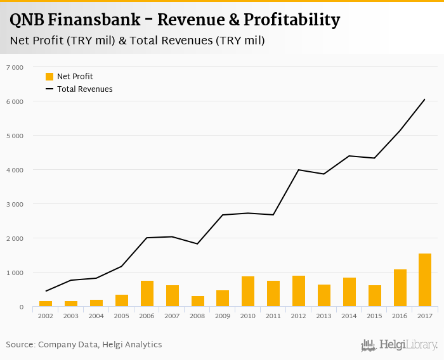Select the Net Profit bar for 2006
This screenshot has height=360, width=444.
coord(147,293)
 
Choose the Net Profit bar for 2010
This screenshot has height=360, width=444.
coord(248,292)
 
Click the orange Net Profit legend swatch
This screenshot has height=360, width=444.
coord(49,77)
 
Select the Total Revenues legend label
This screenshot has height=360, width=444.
coord(85,89)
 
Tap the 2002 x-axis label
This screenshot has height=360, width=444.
coord(46,316)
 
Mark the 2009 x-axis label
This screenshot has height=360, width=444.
coord(223,316)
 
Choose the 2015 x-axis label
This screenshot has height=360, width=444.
coord(375,316)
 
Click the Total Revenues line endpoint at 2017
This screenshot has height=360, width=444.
coord(424,100)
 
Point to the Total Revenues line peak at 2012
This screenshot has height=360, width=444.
coord(299,170)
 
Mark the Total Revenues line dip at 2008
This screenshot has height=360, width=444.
coord(198,244)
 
